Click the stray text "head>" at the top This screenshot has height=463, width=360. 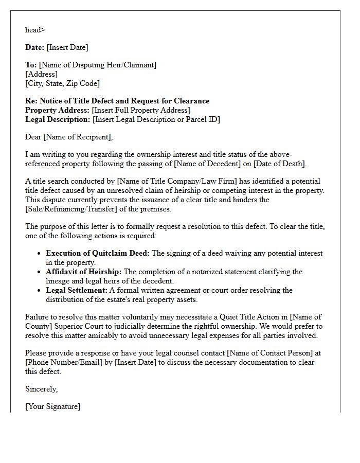35,30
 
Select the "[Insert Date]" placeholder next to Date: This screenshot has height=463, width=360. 67,47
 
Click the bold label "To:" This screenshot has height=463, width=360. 31,65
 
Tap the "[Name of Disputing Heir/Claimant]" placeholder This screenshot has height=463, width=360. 98,65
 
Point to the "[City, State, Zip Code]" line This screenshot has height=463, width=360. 62,83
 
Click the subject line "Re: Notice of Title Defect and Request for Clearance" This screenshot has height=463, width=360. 117,101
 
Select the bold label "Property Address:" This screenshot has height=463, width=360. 58,110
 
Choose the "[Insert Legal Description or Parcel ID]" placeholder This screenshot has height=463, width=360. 156,119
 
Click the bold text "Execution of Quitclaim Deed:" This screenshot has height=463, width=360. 98,253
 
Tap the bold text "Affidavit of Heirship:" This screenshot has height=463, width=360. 84,272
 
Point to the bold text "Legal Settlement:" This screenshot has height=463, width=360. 77,290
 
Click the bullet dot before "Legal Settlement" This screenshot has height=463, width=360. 39,291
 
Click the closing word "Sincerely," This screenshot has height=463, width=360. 42,389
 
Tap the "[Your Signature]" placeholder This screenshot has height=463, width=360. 52,406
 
